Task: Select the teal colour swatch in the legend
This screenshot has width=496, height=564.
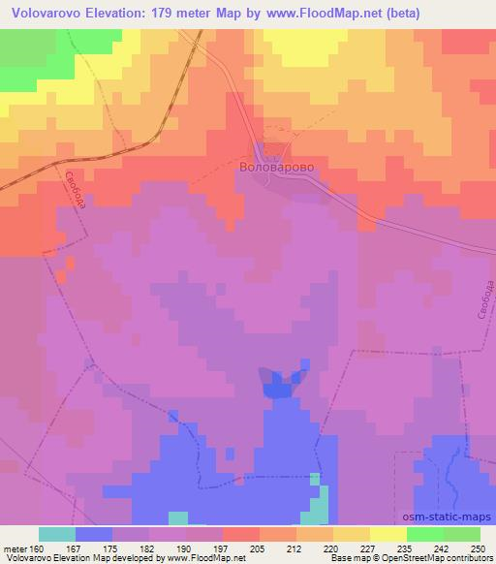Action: click(57, 534)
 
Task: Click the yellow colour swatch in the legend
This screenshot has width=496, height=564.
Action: click(388, 534)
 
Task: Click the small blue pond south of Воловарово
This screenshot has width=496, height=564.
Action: click(280, 385)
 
